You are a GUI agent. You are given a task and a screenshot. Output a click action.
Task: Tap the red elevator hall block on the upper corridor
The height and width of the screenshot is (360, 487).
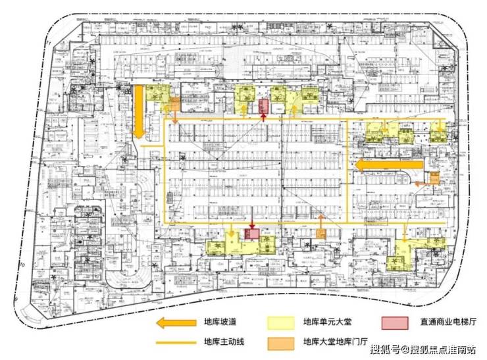(x=263, y=106)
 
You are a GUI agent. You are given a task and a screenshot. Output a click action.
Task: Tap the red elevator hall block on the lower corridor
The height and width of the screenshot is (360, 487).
(x=251, y=234)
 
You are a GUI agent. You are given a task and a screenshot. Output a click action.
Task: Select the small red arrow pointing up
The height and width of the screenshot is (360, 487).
(x=263, y=118)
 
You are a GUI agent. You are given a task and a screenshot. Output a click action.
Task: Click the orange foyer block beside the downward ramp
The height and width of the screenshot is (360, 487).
(x=175, y=104)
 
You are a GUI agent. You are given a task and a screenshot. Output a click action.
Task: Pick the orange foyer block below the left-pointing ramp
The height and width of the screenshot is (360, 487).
(x=434, y=178)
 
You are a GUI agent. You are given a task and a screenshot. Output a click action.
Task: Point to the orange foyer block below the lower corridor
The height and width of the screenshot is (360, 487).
(x=321, y=234)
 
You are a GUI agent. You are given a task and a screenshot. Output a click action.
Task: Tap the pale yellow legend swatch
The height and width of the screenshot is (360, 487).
(x=280, y=322)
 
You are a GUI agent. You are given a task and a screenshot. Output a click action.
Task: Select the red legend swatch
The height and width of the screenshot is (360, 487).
(x=395, y=322)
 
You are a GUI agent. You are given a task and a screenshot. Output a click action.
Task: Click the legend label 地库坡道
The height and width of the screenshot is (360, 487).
(x=220, y=322)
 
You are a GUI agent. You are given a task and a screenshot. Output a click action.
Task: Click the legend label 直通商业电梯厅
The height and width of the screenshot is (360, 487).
(x=448, y=322)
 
